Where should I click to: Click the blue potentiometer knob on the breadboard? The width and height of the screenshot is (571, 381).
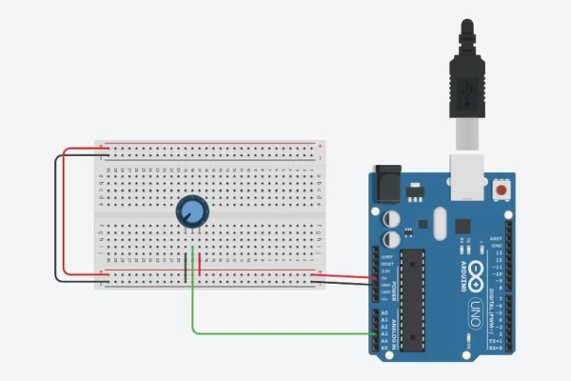(x=192, y=211)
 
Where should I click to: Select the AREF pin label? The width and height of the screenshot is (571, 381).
(x=494, y=237)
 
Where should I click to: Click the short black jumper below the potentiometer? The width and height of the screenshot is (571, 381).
(x=186, y=268)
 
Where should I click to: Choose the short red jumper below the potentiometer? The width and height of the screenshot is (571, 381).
(x=199, y=266)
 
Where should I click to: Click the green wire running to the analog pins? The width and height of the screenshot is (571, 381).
(x=276, y=333)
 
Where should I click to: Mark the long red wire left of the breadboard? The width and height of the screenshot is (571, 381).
(x=66, y=210)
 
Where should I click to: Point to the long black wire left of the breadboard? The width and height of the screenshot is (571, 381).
(x=55, y=219)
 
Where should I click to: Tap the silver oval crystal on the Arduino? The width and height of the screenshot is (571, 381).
(x=439, y=225)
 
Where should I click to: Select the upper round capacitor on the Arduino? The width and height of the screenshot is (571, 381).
(x=391, y=218)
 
